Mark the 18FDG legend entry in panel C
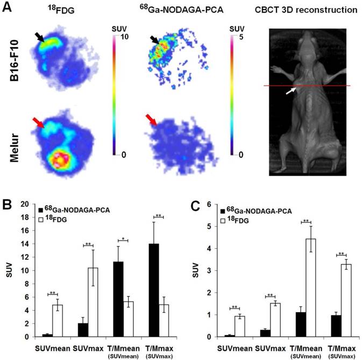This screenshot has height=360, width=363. click(x=237, y=217)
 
